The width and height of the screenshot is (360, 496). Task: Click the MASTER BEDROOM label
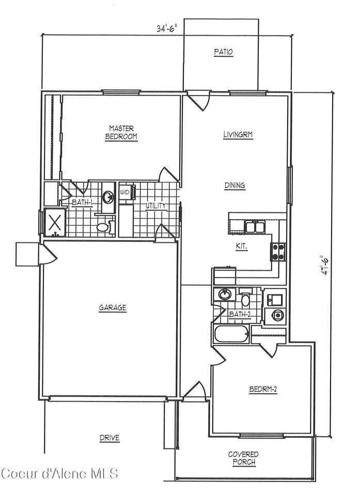tap(121, 133)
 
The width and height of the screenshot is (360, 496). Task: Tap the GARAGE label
tap(112, 307)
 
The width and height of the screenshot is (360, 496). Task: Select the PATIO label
tap(224, 52)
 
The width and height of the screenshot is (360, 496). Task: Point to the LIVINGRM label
tap(238, 135)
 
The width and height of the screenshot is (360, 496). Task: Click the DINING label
tap(234, 185)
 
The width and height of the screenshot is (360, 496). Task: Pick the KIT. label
tap(242, 247)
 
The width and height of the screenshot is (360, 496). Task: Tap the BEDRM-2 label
tap(263, 390)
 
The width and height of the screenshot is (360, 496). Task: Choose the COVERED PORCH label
tap(244, 458)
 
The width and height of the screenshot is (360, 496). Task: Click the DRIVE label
tap(109, 438)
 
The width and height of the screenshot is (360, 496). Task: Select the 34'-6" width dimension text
tap(166, 28)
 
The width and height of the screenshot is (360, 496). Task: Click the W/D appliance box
tap(127, 192)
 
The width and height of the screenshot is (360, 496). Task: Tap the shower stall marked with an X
tap(55, 222)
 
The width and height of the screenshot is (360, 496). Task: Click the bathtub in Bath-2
tap(231, 334)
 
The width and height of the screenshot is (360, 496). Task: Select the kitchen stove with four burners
tap(278, 252)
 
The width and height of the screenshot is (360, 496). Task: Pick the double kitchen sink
tap(255, 227)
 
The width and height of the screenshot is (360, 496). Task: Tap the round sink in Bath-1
tap(108, 198)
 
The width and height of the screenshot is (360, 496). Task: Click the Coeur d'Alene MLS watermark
tap(59, 474)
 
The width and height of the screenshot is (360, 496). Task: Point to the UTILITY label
tap(155, 206)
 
